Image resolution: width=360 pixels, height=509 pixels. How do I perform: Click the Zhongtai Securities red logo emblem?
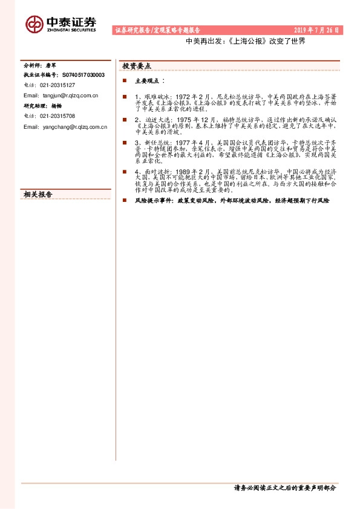pyautogui.click(x=34, y=24)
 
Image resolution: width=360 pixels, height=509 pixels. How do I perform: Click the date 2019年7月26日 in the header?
pyautogui.click(x=317, y=30)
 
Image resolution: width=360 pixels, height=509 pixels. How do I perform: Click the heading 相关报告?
pyautogui.click(x=38, y=194)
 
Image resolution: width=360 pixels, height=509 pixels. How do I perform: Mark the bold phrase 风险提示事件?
pyautogui.click(x=154, y=199)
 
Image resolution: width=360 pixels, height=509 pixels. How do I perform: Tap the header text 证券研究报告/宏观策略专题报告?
pyautogui.click(x=157, y=30)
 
